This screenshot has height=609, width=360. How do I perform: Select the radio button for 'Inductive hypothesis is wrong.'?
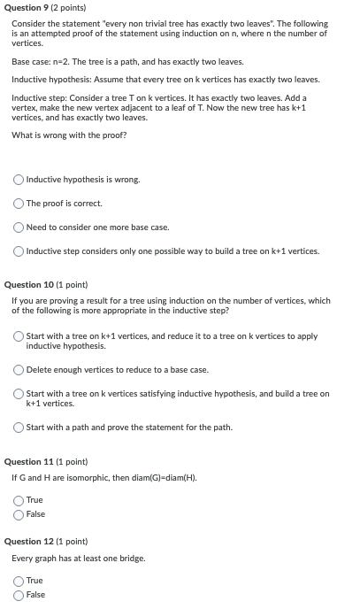pyautogui.click(x=19, y=180)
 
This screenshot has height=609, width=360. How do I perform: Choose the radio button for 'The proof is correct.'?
pyautogui.click(x=19, y=204)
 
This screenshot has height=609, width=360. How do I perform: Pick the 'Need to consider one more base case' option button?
pyautogui.click(x=19, y=227)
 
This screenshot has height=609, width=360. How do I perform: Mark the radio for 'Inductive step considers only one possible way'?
pyautogui.click(x=19, y=251)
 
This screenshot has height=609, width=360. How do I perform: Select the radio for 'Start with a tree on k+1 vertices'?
pyautogui.click(x=19, y=336)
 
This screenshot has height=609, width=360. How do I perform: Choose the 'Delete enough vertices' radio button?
pyautogui.click(x=19, y=369)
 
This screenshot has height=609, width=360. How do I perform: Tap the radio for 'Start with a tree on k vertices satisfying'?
pyautogui.click(x=19, y=394)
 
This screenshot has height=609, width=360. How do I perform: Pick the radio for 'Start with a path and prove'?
pyautogui.click(x=19, y=428)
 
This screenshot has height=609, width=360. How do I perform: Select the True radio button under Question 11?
pyautogui.click(x=19, y=501)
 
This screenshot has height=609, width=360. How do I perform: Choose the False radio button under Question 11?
pyautogui.click(x=19, y=514)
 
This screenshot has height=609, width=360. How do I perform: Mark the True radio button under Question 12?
pyautogui.click(x=19, y=581)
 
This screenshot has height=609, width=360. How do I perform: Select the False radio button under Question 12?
pyautogui.click(x=19, y=595)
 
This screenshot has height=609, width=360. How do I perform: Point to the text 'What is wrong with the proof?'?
pyautogui.click(x=69, y=135)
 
